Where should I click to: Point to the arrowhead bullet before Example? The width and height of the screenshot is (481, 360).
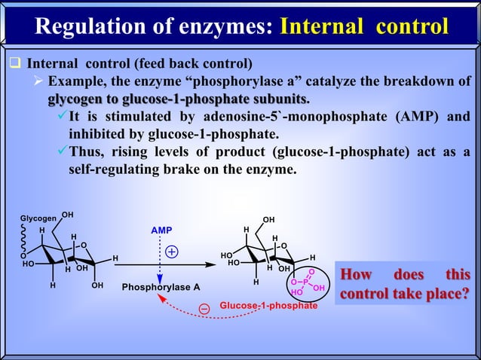coord(36,81)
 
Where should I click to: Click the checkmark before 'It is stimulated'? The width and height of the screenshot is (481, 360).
coord(60,117)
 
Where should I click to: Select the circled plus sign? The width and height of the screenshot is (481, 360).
coord(173,252)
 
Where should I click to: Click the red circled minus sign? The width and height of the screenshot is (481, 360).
coord(204,307)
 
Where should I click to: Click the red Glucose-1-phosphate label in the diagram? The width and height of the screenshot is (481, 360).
coord(268,307)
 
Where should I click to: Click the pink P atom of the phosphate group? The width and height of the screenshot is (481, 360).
coord(306,282)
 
